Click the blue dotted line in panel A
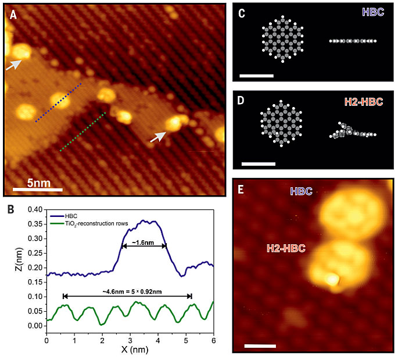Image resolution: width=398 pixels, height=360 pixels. coord(58,103)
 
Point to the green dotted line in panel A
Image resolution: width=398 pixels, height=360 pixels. coord(83,131)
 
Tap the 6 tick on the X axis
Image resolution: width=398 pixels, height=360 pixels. coord(213,336)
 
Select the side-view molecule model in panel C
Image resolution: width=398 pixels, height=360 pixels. coord(353,41)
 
